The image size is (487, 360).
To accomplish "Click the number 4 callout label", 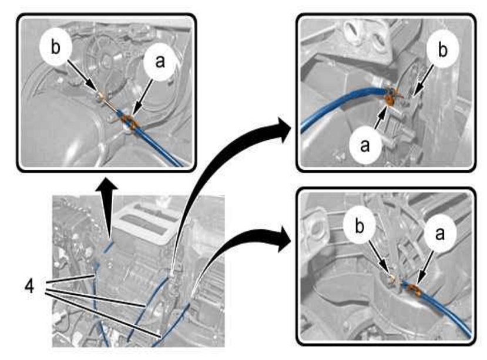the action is tap(29, 287).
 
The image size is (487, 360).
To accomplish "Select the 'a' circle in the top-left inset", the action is tap(160, 62).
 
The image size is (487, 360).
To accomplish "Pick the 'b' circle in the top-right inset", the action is tap(442, 49).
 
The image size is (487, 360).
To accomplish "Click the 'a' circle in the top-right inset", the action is tap(365, 144).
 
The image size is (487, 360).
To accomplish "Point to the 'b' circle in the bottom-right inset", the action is tap(360, 227).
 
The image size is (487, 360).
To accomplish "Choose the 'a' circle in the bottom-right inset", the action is tap(440, 233).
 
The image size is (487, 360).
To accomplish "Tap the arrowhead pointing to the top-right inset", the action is tap(285, 130).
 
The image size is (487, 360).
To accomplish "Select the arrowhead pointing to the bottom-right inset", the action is tap(285, 238).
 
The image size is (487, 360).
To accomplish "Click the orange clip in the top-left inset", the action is tap(128, 120).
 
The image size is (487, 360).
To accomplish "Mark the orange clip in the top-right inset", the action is tap(389, 99).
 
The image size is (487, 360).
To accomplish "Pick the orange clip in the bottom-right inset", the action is tap(414, 290).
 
